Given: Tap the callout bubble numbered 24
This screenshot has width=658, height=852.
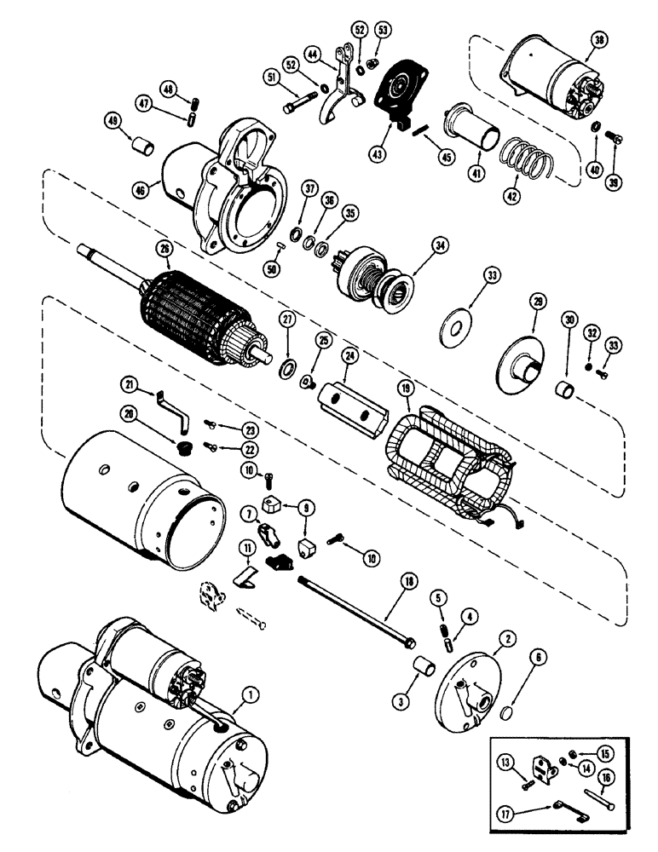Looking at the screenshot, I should coord(349,353).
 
